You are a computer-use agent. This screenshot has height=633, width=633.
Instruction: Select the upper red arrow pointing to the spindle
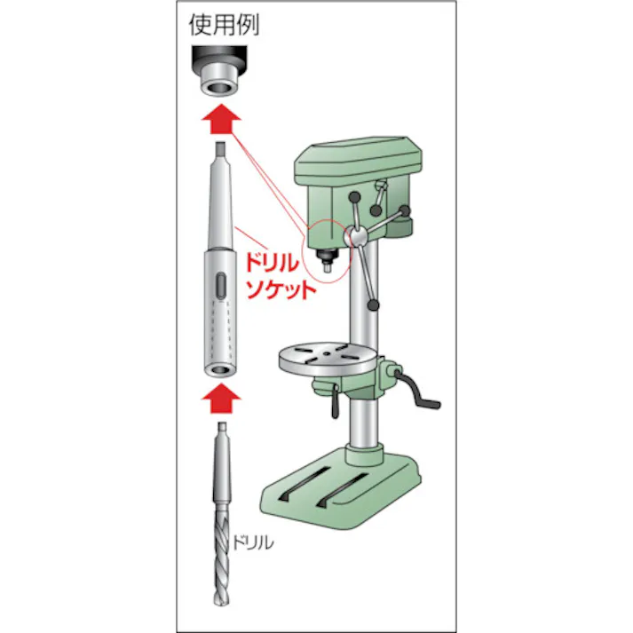[218, 116]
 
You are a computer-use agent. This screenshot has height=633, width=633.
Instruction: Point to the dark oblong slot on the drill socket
[218, 289]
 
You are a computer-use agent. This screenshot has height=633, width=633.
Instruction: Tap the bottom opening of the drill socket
[218, 366]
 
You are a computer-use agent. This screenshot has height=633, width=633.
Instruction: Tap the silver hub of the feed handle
[354, 237]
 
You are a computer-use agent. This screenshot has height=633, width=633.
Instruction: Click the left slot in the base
[302, 487]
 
